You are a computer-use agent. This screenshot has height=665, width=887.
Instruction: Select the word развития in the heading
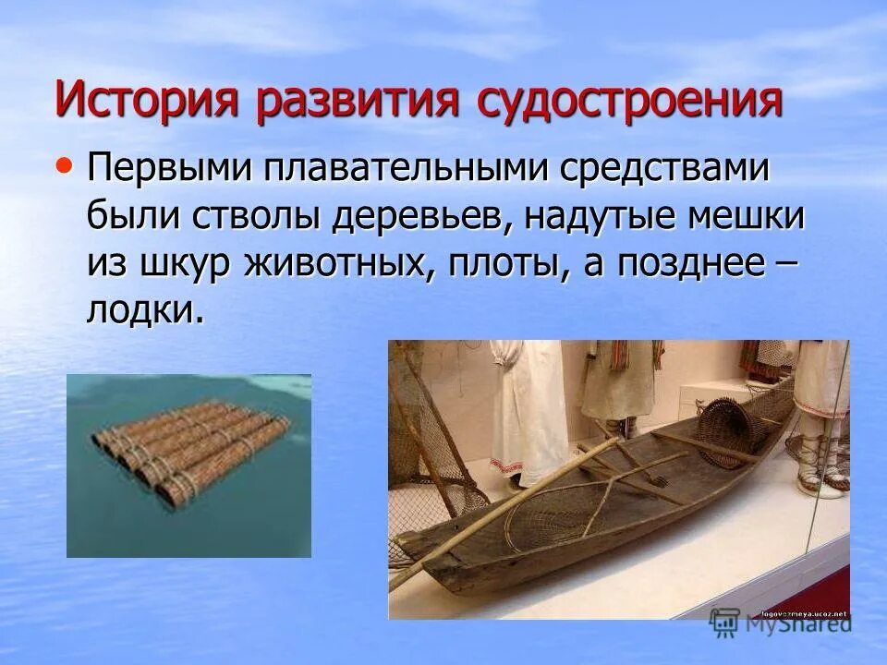(358, 101)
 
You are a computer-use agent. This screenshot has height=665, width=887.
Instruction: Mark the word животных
(337, 263)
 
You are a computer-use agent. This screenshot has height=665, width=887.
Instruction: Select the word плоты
(507, 263)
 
